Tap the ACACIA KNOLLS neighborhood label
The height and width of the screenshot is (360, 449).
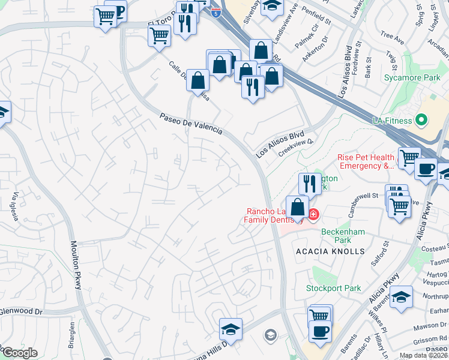330,251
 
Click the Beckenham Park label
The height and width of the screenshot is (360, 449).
344,231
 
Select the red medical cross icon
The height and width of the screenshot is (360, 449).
313,214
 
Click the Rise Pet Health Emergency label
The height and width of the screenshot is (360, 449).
366,161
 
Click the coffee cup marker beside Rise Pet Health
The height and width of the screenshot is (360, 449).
426,169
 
